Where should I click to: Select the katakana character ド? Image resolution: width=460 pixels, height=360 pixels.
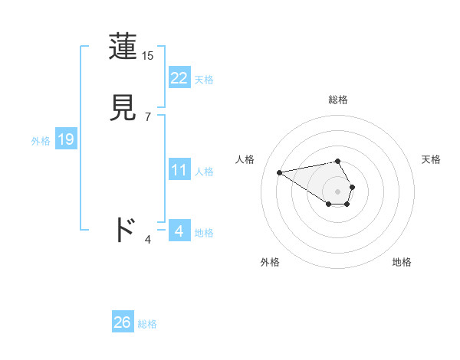pos(125,230)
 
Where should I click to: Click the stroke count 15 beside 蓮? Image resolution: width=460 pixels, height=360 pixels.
pos(148,56)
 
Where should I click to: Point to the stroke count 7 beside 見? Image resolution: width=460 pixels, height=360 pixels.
pos(148,117)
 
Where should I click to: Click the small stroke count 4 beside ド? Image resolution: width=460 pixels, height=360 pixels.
pos(148,240)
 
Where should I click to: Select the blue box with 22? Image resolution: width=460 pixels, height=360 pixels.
pos(179,78)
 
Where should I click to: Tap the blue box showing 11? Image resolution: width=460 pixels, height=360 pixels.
pos(179,170)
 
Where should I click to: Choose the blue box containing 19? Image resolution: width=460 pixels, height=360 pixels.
pos(65,139)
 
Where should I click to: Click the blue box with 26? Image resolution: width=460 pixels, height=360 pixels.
pos(122,322)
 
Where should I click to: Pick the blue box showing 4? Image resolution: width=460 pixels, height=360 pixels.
pos(179,231)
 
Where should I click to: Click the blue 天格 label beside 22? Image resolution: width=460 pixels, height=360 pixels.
pos(204,80)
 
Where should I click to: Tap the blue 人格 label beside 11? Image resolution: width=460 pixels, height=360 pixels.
pos(204,172)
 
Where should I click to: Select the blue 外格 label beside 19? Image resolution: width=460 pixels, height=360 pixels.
pos(41,141)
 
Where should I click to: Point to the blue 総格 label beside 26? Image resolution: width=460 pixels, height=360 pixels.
pos(147,324)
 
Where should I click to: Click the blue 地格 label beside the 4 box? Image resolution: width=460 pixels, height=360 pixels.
pos(204,232)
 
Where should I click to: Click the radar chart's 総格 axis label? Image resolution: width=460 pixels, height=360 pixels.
pos(338,100)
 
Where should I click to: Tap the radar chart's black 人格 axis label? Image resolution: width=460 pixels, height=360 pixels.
pos(245,159)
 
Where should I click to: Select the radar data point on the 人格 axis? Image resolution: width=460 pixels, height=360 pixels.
pos(279,172)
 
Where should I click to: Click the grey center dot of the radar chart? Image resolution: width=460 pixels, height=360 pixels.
pos(338,191)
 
